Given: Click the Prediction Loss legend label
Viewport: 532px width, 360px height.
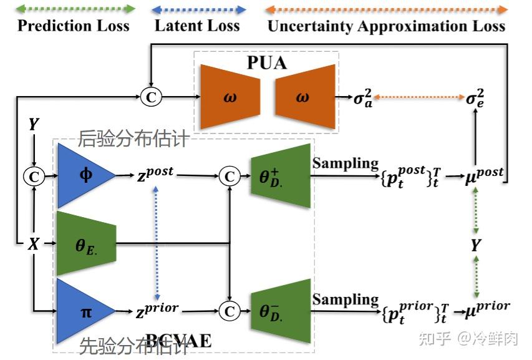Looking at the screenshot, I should (x=73, y=26).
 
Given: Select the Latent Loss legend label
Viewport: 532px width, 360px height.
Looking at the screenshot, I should (x=197, y=26).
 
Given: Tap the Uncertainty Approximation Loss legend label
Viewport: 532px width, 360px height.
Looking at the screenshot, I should (x=386, y=26).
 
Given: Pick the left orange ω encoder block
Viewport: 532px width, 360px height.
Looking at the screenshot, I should (x=230, y=97).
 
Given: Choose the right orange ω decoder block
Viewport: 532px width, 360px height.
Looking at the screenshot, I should (x=302, y=97).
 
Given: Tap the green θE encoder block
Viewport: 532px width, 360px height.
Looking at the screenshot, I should (x=85, y=244).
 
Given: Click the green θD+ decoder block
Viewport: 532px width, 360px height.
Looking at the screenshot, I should (x=281, y=177).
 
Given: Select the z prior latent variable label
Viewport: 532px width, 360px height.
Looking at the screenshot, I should (x=156, y=309).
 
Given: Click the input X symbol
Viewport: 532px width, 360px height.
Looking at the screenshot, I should (x=33, y=244).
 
